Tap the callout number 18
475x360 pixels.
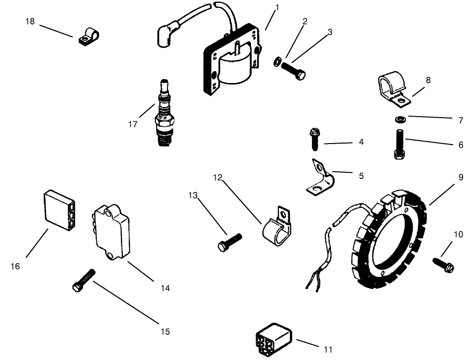30,22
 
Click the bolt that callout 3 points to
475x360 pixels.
294,71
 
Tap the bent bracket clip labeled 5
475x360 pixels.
319,180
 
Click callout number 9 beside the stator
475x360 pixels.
461,177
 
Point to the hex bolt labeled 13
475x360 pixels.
230,241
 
